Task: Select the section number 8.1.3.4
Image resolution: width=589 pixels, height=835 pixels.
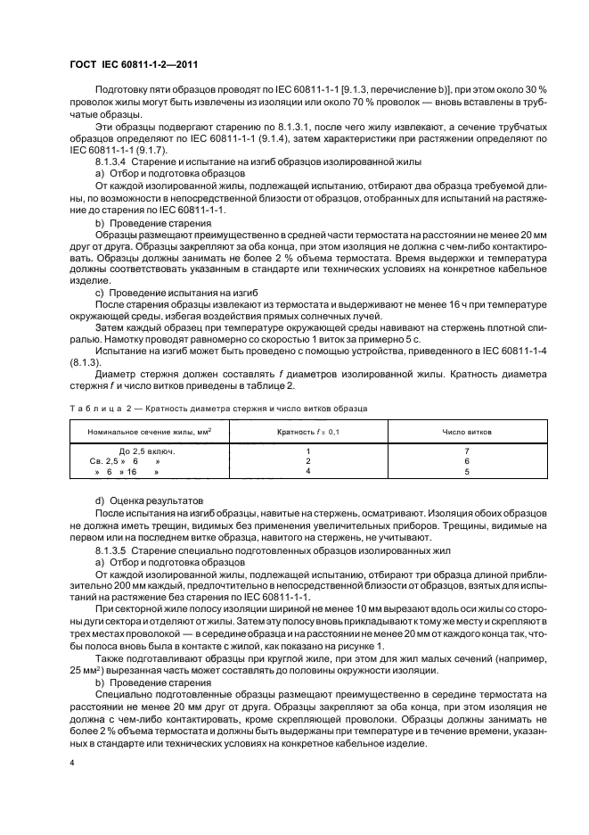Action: tap(112, 162)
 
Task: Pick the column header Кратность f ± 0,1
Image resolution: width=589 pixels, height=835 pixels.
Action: tap(308, 431)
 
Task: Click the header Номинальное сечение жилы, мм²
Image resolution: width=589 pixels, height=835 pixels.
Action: tap(149, 431)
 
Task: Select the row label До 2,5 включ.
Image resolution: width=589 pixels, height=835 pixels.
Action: tap(145, 451)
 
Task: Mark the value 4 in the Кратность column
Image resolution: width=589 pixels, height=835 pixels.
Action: tap(307, 471)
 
